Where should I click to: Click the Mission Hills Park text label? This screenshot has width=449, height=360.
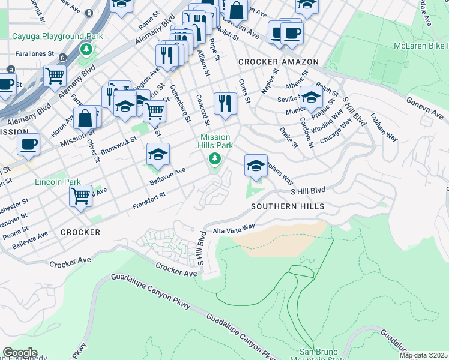click(x=215, y=141)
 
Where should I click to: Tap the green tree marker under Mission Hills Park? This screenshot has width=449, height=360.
click(x=214, y=159)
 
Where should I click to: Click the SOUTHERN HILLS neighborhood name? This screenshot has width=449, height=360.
click(x=288, y=206)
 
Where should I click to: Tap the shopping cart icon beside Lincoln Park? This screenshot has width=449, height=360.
click(x=80, y=196)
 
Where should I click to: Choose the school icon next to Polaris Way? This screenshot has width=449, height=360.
click(x=256, y=166)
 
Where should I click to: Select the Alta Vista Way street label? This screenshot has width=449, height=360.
click(x=233, y=227)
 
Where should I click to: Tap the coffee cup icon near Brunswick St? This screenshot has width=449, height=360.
click(x=28, y=144)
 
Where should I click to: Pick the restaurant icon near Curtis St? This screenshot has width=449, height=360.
click(x=225, y=103)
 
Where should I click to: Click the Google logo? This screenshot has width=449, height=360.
click(x=20, y=353)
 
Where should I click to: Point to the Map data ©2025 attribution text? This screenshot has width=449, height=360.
click(x=423, y=355)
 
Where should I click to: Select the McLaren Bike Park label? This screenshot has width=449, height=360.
click(x=421, y=46)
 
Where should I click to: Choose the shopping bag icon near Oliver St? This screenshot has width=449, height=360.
click(x=85, y=118)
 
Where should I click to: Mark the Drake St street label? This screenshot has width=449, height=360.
click(x=288, y=136)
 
